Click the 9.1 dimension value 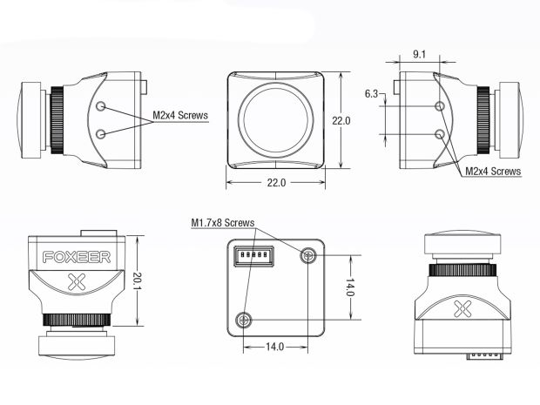[x=419, y=54]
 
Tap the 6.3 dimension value [x=371, y=94]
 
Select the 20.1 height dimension [x=138, y=280]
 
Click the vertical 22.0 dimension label [x=341, y=120]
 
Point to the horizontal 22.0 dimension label [x=276, y=183]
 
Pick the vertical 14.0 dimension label [x=349, y=287]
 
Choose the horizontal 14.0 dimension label [x=274, y=347]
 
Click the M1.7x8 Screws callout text [x=223, y=223]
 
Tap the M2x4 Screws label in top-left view [x=180, y=115]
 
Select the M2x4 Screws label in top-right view [x=493, y=172]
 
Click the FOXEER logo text [x=77, y=257]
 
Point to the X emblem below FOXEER [x=77, y=281]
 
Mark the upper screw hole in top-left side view [x=100, y=106]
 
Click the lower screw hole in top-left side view [x=100, y=134]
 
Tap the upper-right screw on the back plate [x=307, y=255]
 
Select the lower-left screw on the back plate [x=244, y=320]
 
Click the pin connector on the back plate [x=254, y=256]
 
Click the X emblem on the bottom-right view [x=462, y=308]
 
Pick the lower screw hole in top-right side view [x=440, y=134]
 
